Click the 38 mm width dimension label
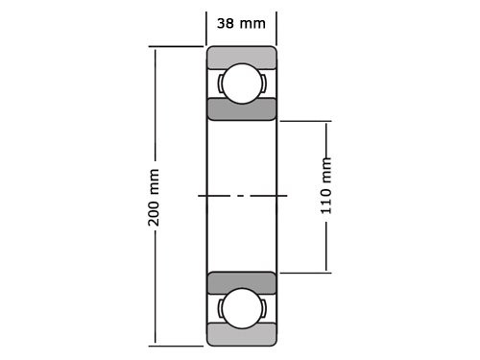pyautogui.click(x=241, y=23)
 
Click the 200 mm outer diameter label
pyautogui.click(x=155, y=197)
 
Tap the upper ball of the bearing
pyautogui.click(x=241, y=83)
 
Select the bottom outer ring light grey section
pyautogui.click(x=241, y=335)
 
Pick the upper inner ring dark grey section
pyautogui.click(x=241, y=108)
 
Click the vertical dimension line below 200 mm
pyautogui.click(x=155, y=288)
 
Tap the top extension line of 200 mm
pyautogui.click(x=178, y=46)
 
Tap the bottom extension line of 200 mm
pyautogui.click(x=178, y=344)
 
